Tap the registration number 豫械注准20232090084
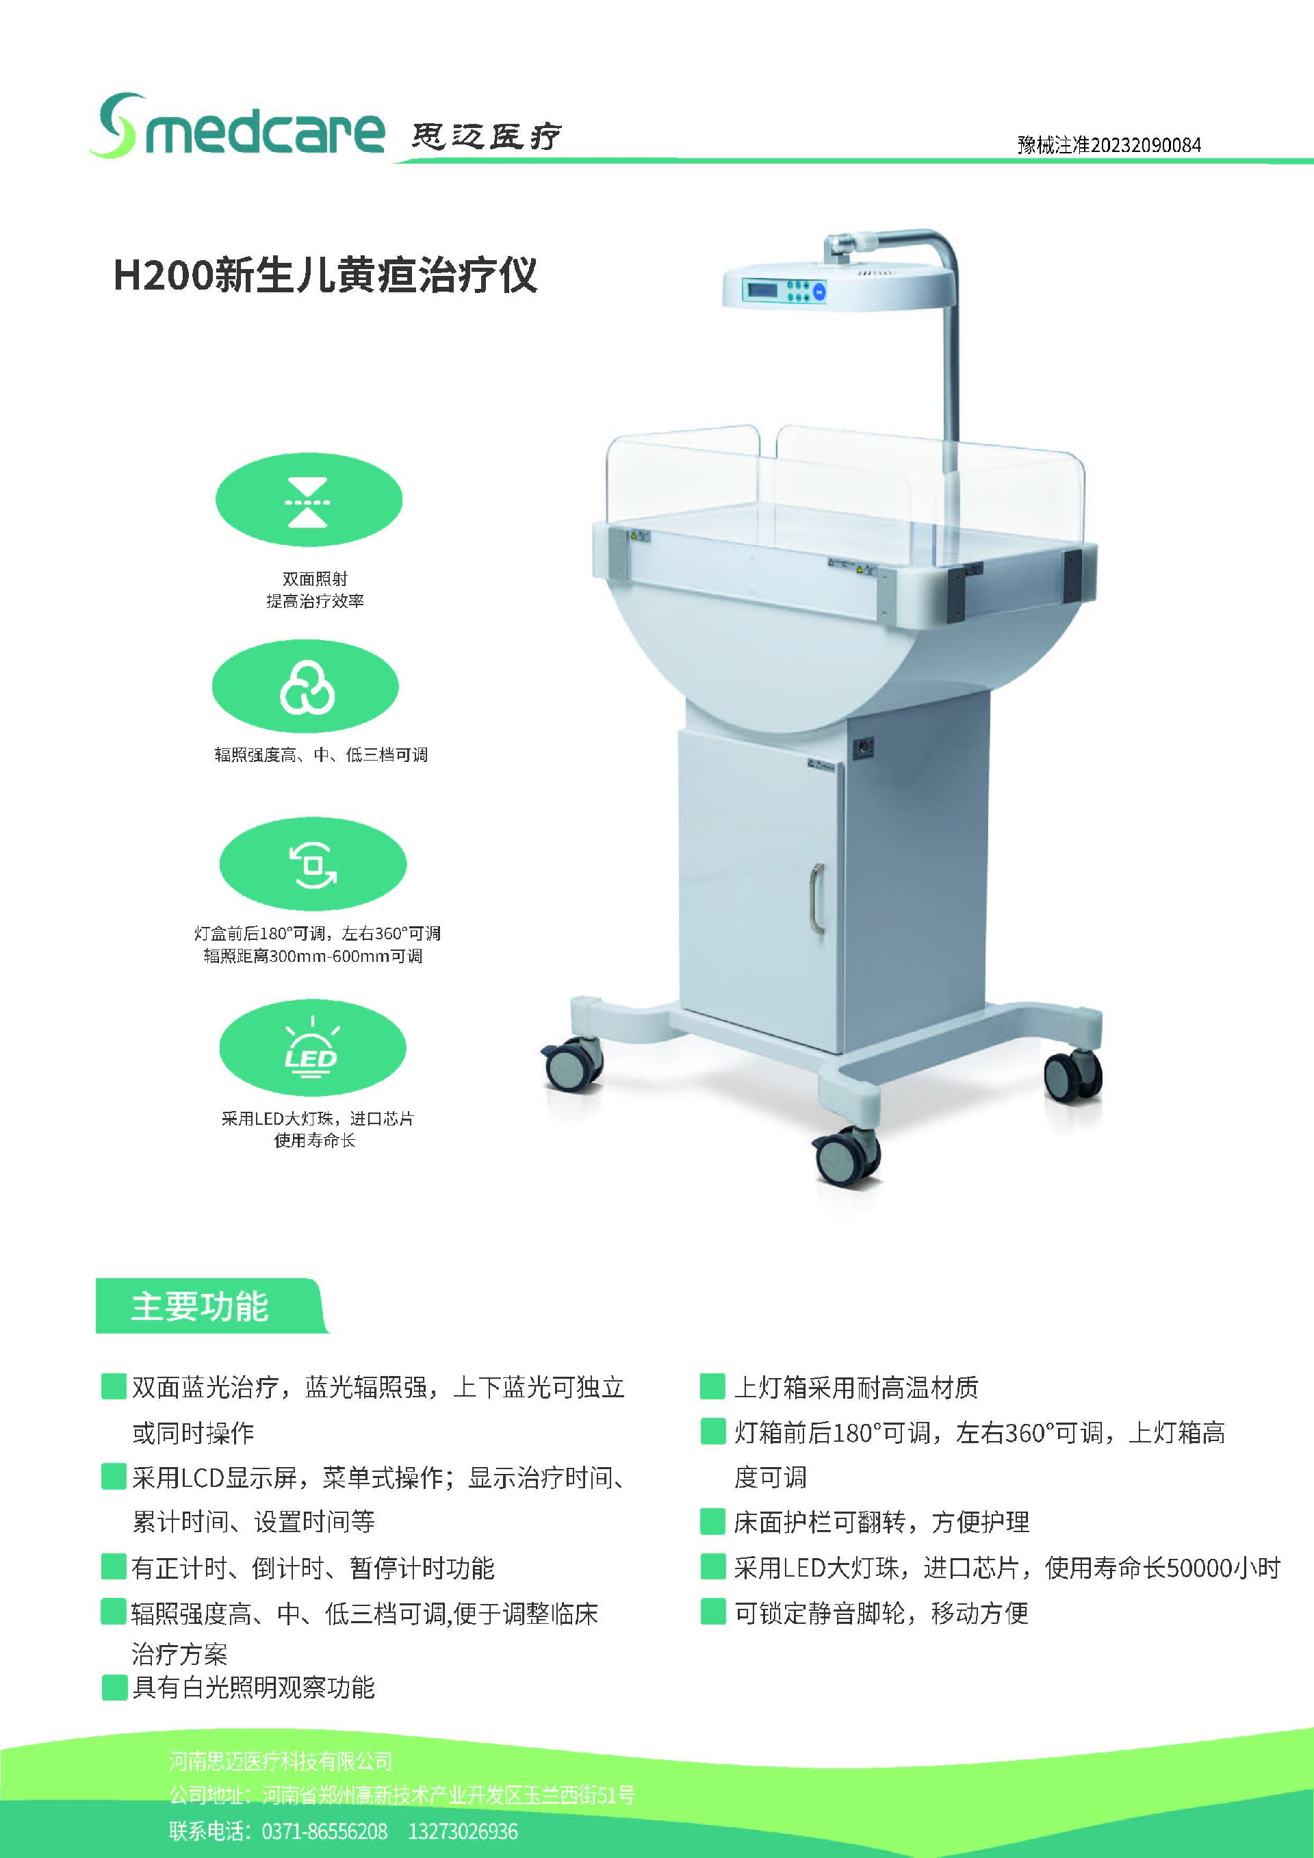pyautogui.click(x=1109, y=146)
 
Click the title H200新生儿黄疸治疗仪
pyautogui.click(x=325, y=275)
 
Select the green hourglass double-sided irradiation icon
pyautogui.click(x=308, y=500)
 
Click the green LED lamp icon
pyautogui.click(x=312, y=1049)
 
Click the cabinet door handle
pyautogui.click(x=817, y=898)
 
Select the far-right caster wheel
pyautogui.click(x=1073, y=1076)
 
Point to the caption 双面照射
pyautogui.click(x=315, y=578)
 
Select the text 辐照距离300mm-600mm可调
pyautogui.click(x=313, y=956)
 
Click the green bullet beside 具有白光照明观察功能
pyautogui.click(x=114, y=1688)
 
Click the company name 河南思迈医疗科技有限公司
pyautogui.click(x=281, y=1761)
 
